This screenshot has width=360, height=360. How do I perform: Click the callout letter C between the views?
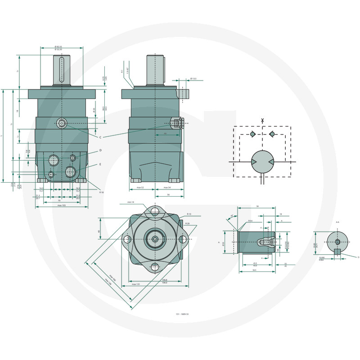click(100, 136)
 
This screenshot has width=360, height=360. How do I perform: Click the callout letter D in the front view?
click(100, 150)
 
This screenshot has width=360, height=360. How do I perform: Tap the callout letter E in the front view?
click(100, 164)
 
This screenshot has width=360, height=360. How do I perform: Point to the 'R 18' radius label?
click(102, 192)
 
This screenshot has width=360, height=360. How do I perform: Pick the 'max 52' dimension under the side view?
click(139, 187)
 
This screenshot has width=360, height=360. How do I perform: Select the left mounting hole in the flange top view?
click(127, 240)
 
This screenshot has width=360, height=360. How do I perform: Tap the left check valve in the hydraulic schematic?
click(253, 135)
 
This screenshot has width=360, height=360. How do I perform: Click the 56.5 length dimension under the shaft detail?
click(254, 270)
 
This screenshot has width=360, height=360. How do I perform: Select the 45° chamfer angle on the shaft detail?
click(232, 216)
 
